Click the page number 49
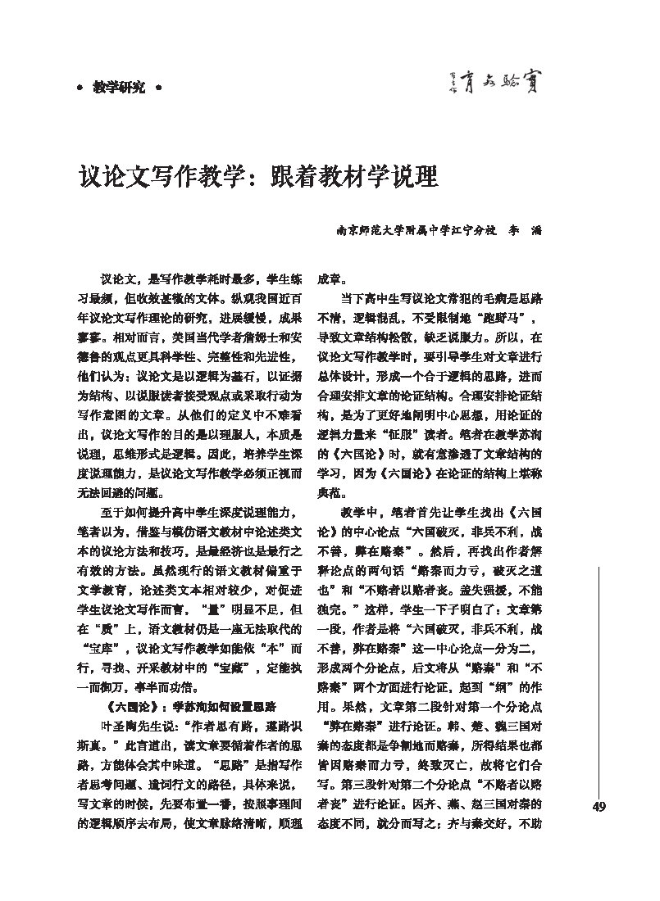pos(598,808)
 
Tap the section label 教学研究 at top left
pos(119,87)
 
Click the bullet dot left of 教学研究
pos(79,87)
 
